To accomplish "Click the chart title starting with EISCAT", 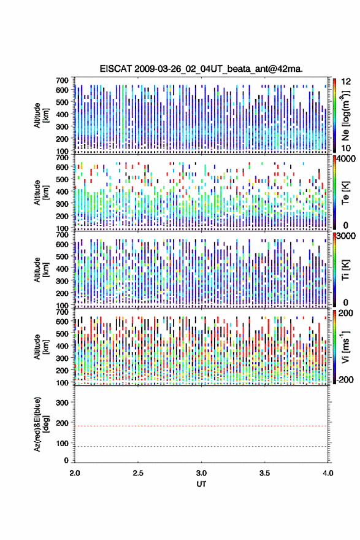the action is [x=201, y=69].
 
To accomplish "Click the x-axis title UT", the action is [x=201, y=484].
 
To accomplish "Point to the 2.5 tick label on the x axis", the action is [x=138, y=473].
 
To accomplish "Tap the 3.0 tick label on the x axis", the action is [x=201, y=473].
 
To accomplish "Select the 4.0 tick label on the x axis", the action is [x=328, y=473].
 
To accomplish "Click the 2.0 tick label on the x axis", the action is [x=75, y=473].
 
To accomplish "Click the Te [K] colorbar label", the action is [x=345, y=193].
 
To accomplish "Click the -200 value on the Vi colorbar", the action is [x=344, y=379].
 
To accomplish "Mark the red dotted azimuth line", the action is [x=201, y=426].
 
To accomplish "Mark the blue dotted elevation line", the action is [x=201, y=446].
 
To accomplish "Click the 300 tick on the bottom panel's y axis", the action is [x=63, y=403].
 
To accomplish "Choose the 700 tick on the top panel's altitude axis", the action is [x=63, y=80].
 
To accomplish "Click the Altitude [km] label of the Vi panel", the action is [x=41, y=347].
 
